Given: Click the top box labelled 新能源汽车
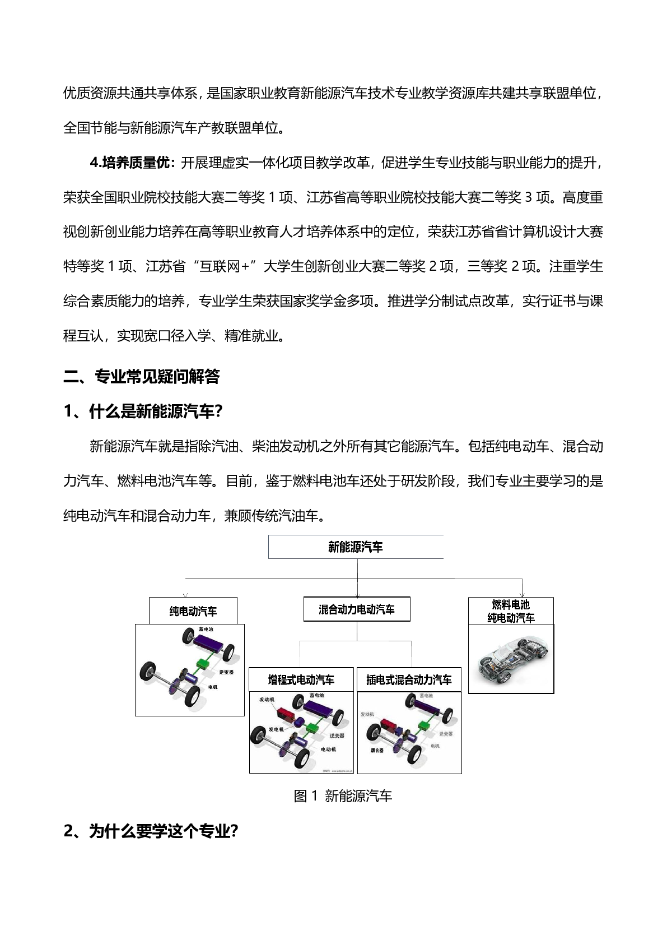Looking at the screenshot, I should click(x=356, y=547).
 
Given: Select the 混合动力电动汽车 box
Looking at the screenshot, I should click(x=357, y=609).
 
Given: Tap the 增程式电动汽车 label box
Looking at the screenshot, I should click(x=301, y=680).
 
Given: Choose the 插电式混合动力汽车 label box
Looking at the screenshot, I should click(x=409, y=680).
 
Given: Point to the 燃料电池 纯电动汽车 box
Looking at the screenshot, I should click(x=511, y=611).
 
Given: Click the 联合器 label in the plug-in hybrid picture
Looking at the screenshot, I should click(x=377, y=749).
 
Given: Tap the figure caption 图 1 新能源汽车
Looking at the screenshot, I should click(x=343, y=796).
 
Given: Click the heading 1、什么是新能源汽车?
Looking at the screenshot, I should click(x=144, y=412).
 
